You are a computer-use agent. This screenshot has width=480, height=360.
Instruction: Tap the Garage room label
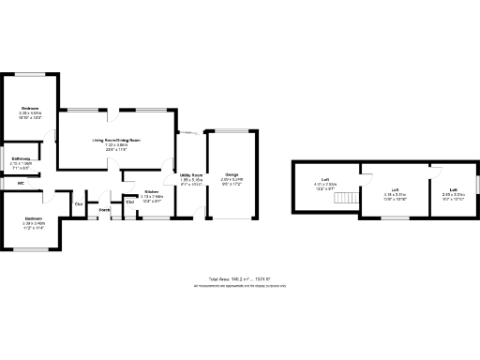pos(231,175)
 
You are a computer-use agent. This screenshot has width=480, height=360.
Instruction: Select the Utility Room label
pos(191,175)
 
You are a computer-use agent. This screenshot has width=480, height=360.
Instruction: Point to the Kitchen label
pos(150,191)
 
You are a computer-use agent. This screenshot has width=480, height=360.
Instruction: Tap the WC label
pos(20,183)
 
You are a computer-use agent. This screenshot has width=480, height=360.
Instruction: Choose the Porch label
pos(105,210)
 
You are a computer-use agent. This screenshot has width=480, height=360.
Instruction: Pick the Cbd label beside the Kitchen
pos(129,202)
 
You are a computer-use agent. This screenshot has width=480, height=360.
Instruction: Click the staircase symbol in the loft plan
pos(348,199)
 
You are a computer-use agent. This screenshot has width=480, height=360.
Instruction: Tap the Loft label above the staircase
pos(325,179)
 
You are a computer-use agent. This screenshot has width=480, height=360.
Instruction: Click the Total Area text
pos(239,278)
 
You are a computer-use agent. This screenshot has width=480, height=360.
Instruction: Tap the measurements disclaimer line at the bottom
pos(239,285)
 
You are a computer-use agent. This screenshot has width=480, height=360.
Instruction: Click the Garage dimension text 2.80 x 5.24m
pos(231,180)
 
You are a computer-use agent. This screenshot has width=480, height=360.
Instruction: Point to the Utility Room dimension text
pos(191,180)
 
